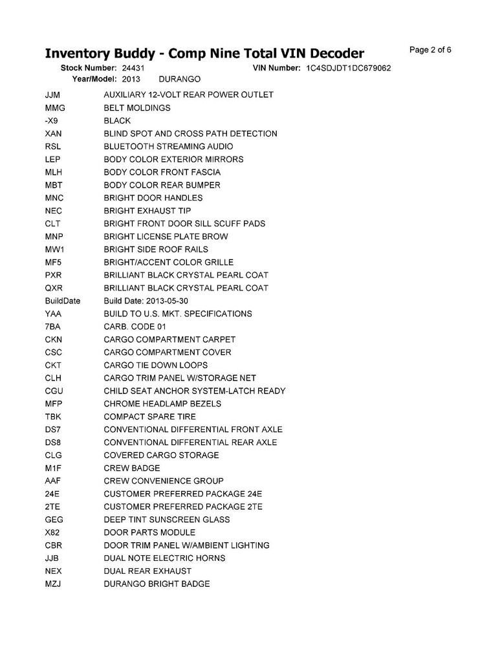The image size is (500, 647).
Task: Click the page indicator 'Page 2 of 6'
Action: [x=430, y=50]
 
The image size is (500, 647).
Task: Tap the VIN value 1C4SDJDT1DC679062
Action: [x=349, y=68]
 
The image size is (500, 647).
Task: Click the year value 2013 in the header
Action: [x=131, y=78]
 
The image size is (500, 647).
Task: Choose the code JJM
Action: [x=53, y=95]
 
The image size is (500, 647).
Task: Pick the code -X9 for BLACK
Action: [x=52, y=121]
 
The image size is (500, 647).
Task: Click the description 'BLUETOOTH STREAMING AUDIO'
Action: [x=168, y=146]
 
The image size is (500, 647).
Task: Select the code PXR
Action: [x=53, y=275]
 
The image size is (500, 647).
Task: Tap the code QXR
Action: [x=53, y=288]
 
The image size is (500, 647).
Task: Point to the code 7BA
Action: [x=52, y=327]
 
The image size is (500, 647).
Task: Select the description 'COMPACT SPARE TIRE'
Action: [x=149, y=417]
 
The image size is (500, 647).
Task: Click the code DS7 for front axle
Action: [x=52, y=430]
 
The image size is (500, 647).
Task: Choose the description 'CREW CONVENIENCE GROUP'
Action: [x=164, y=481]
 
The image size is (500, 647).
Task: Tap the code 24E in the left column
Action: [x=52, y=494]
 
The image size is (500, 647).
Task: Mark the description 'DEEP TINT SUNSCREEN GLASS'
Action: [x=167, y=520]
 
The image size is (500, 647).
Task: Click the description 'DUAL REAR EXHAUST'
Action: [x=147, y=571]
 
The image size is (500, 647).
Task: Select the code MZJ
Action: [x=52, y=584]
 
